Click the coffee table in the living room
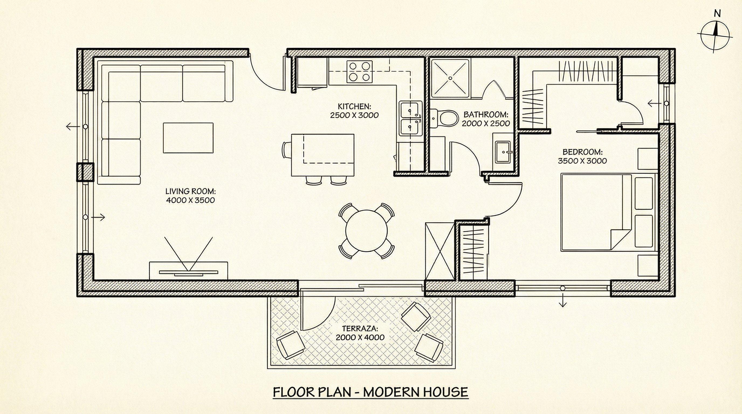pos(188,138)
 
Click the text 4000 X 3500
pos(190,200)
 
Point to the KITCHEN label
pos(354,106)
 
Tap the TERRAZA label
pos(360,329)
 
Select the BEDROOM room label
pos(582,152)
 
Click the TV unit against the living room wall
pos(188,271)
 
